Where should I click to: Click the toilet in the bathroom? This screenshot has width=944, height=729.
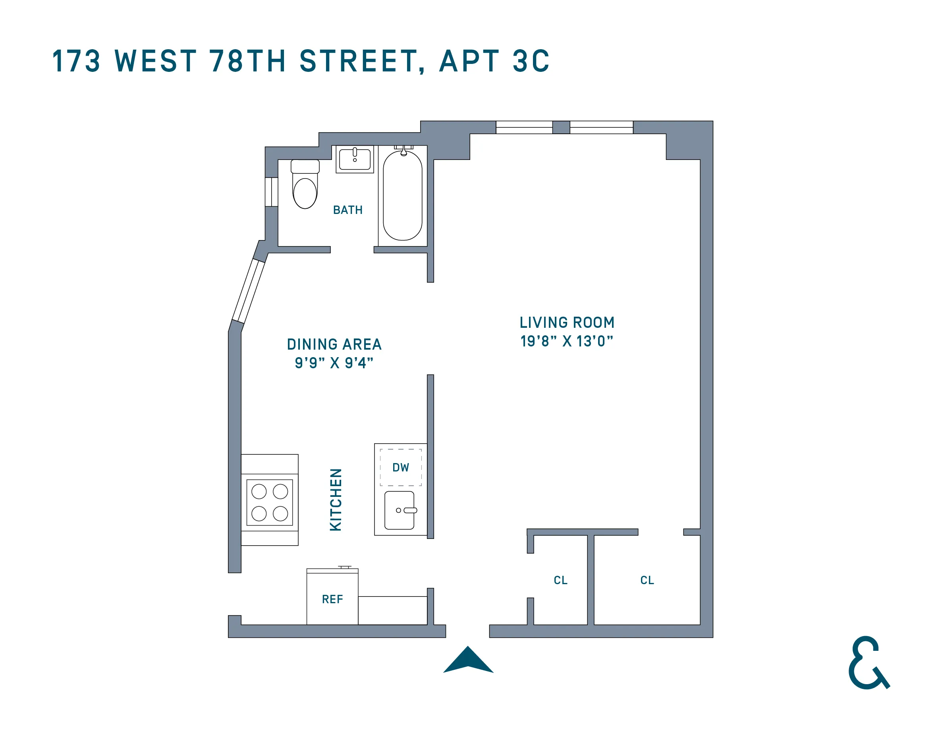point(305,186)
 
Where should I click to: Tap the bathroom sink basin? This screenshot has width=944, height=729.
point(355,160)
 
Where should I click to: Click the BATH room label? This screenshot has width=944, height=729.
point(347,210)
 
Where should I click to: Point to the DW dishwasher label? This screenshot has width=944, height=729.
point(401,467)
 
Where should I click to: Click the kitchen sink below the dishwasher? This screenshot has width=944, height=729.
point(400,510)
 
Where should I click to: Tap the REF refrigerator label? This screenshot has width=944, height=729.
point(332,599)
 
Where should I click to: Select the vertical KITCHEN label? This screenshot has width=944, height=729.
point(336,499)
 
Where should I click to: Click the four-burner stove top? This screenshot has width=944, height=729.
point(270,502)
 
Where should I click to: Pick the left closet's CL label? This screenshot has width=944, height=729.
point(561,580)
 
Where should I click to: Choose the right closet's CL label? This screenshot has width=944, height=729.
point(647,580)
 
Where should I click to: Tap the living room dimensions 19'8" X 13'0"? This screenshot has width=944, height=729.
point(567,341)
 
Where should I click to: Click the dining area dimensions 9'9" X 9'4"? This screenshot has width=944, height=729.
point(334,363)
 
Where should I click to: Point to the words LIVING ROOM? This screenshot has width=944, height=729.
point(567,323)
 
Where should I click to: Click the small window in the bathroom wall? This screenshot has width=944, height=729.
point(271,192)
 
